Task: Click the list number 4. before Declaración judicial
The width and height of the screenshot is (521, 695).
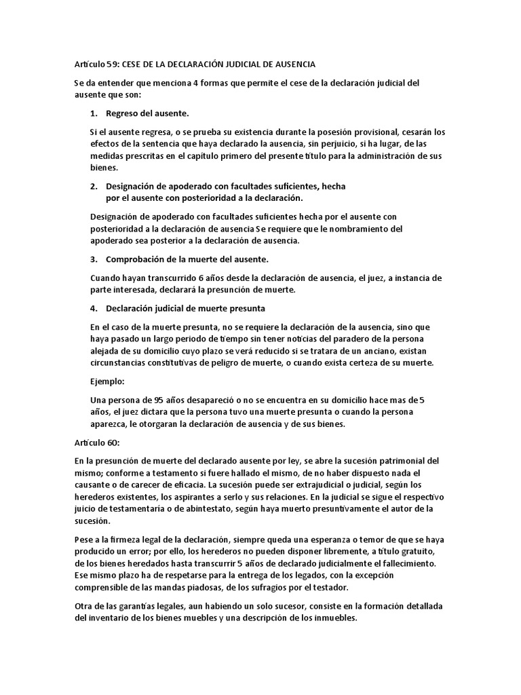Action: (x=94, y=308)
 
